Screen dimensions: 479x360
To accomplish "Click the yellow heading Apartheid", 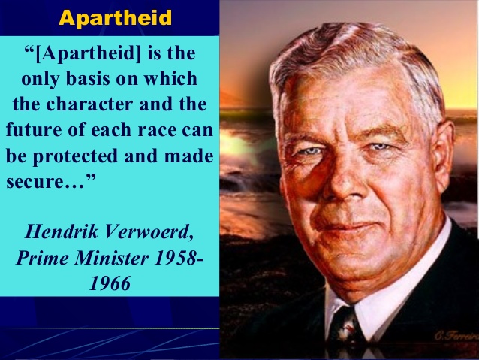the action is coord(115,18).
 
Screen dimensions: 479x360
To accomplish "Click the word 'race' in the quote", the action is coord(157,130).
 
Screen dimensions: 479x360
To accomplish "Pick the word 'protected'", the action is coord(75,156).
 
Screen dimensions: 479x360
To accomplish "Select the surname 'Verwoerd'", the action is coord(149,232).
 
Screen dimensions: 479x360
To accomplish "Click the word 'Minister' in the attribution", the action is coord(112,258).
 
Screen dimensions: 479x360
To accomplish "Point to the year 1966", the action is coord(110,283).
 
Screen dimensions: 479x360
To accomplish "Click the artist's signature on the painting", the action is coord(457,335).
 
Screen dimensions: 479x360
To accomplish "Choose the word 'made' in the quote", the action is coord(188,156).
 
